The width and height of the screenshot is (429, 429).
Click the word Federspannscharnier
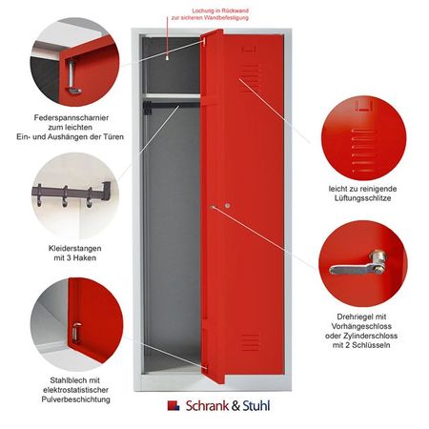71,118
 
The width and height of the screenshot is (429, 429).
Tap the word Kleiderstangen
75,248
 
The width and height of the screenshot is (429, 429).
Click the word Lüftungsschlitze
362,198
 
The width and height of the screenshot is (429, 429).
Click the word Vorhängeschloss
361,326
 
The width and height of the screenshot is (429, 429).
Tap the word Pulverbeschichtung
76,399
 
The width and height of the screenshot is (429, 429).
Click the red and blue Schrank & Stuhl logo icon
174,405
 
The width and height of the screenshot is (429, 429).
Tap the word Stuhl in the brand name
256,406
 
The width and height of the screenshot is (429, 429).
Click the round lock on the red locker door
227,206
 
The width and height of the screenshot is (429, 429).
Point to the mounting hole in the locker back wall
168,58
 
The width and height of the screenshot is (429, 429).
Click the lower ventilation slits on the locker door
251,342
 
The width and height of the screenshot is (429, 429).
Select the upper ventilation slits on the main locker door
250,77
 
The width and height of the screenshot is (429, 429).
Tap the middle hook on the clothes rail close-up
65,197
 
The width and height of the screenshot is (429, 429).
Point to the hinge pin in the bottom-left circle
76,333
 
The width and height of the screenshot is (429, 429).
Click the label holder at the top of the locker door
249,50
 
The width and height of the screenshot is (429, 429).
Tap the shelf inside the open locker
173,96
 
